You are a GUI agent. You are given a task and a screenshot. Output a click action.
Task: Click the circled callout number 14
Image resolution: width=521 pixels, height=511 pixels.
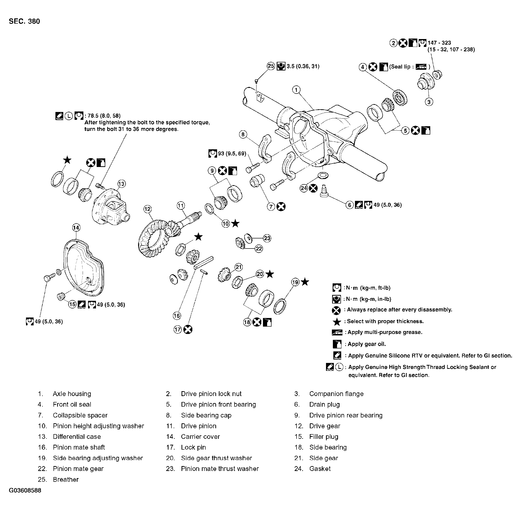pyautogui.click(x=76, y=228)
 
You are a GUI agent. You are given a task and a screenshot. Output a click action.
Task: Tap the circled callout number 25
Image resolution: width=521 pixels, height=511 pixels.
pyautogui.click(x=271, y=66)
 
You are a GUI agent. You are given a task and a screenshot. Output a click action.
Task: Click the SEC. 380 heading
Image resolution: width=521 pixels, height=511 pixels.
pyautogui.click(x=24, y=21)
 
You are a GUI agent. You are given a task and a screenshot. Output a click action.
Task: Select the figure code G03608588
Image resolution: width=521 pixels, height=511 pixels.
pyautogui.click(x=25, y=490)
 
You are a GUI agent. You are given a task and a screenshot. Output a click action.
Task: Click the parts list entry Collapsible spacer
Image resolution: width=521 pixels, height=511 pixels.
pyautogui.click(x=80, y=415)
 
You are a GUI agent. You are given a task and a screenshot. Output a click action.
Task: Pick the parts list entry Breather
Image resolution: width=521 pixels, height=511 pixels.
pyautogui.click(x=66, y=479)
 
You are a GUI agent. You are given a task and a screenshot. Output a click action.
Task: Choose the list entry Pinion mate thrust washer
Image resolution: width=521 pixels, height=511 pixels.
pyautogui.click(x=220, y=469)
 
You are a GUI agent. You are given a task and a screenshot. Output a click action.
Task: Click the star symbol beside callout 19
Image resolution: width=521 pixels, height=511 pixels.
pyautogui.click(x=305, y=282)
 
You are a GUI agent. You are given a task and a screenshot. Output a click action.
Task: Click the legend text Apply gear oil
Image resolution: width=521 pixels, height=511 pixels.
pyautogui.click(x=366, y=344)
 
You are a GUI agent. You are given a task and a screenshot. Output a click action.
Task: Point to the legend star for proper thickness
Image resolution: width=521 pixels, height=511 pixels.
pyautogui.click(x=337, y=322)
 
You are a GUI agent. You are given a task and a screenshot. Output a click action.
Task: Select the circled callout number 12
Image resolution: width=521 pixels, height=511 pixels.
pyautogui.click(x=147, y=209)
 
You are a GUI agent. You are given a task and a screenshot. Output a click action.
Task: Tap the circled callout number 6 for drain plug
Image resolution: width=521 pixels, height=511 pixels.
pyautogui.click(x=349, y=205)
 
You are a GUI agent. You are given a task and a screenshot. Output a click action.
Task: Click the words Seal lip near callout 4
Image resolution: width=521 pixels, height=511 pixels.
pyautogui.click(x=400, y=67)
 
